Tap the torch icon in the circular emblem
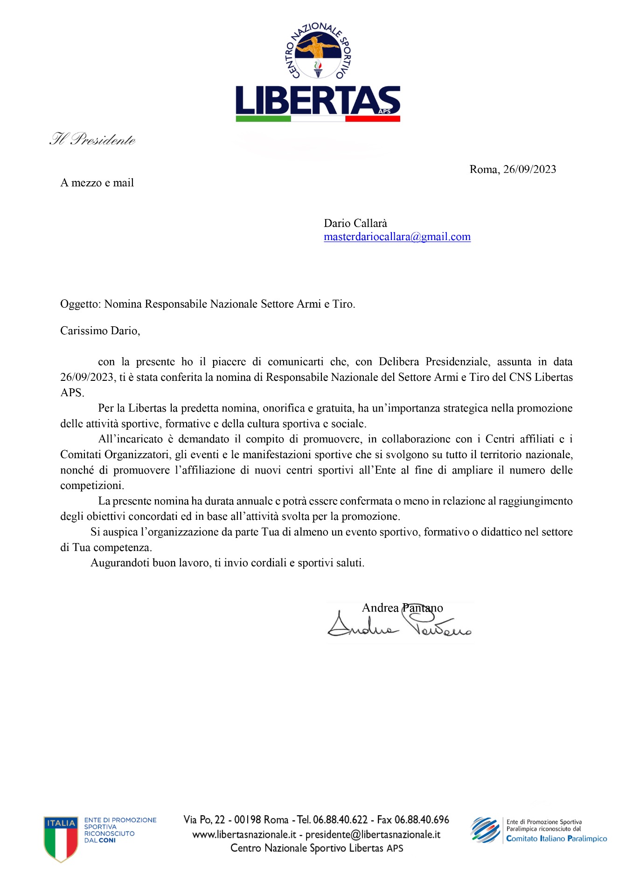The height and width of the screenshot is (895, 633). pyautogui.click(x=318, y=68)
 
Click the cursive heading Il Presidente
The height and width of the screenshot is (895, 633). pyautogui.click(x=93, y=139)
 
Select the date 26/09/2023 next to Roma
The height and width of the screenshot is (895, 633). pyautogui.click(x=529, y=169)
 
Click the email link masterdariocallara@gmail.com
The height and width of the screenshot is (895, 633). pyautogui.click(x=397, y=237)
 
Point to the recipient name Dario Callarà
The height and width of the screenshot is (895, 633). pyautogui.click(x=355, y=223)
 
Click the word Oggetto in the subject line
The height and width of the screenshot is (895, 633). pyautogui.click(x=79, y=304)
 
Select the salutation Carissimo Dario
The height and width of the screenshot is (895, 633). pyautogui.click(x=100, y=331)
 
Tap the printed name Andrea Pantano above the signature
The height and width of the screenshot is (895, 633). pyautogui.click(x=402, y=608)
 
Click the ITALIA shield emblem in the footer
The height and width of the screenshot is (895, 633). pyautogui.click(x=61, y=838)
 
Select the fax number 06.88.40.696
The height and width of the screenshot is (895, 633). pyautogui.click(x=421, y=820)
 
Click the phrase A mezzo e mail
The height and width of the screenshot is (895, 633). pyautogui.click(x=97, y=183)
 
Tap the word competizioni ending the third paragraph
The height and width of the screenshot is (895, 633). pyautogui.click(x=92, y=486)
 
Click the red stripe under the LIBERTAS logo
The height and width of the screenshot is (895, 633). pyautogui.click(x=372, y=119)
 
